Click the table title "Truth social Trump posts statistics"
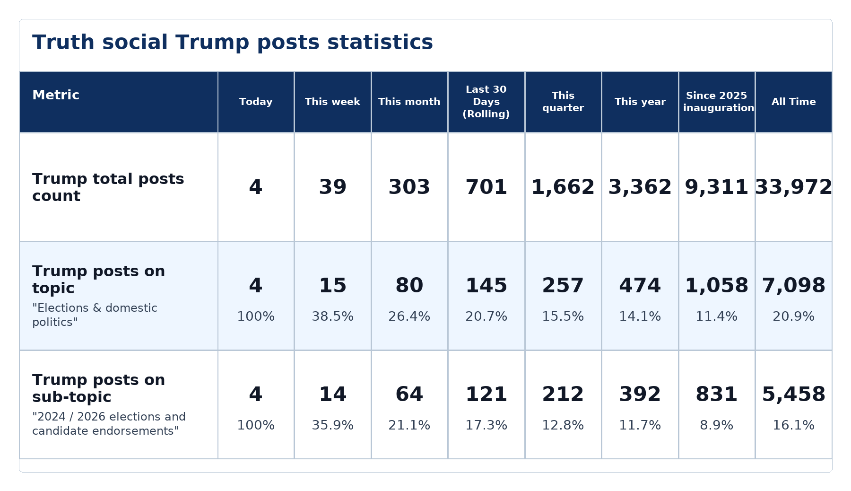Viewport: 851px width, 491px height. pos(233,43)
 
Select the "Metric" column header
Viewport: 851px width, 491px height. pos(56,95)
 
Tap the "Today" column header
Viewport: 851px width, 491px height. pos(256,102)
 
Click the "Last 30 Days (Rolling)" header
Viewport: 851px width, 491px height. pos(486,102)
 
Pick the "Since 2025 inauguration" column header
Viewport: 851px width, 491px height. pos(717,102)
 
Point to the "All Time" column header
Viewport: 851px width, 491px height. pos(794,102)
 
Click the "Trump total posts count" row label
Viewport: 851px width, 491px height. pos(108,187)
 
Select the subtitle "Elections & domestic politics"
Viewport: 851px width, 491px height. pos(95,315)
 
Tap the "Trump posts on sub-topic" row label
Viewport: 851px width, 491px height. pos(99,388)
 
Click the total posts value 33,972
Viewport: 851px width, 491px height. pos(794,187)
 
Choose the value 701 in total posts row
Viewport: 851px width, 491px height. pos(486,187)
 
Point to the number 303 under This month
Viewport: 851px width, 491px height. pos(409,187)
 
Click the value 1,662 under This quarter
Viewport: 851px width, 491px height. pos(563,187)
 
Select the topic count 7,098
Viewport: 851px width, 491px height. pos(794,286)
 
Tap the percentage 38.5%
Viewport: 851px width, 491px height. pos(333,316)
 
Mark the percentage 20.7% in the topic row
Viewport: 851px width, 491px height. pos(486,316)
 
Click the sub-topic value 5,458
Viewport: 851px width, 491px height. pos(794,395)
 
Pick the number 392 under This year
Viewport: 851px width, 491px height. pos(640,395)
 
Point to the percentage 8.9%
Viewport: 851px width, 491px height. pos(717,425)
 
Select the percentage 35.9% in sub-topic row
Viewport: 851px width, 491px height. pos(333,425)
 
